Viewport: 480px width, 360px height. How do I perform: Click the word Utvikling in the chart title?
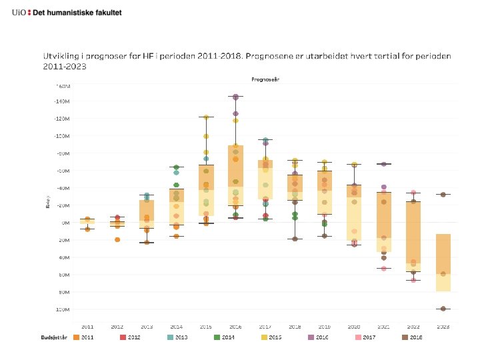tap(61, 56)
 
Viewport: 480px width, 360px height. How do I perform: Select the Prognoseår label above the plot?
tap(265, 79)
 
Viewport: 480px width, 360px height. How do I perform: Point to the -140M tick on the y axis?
tap(61, 101)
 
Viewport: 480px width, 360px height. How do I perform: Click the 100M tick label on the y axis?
tap(61, 309)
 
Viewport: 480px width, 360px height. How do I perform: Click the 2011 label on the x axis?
tap(87, 327)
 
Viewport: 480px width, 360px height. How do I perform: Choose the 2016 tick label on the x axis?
tap(235, 327)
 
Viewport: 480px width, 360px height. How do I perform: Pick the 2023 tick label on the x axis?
tap(443, 327)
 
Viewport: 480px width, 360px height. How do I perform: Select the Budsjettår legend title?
tap(55, 338)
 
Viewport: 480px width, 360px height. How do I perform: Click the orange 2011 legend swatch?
tap(77, 338)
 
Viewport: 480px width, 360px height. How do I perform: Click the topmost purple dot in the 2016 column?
tap(235, 97)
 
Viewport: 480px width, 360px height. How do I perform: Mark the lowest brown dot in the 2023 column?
tap(443, 309)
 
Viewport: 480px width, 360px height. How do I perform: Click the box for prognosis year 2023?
tap(443, 263)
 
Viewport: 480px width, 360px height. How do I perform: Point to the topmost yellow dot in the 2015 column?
tap(206, 117)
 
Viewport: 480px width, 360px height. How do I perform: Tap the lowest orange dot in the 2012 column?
tap(117, 239)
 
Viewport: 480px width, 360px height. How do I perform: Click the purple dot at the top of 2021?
tap(383, 164)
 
